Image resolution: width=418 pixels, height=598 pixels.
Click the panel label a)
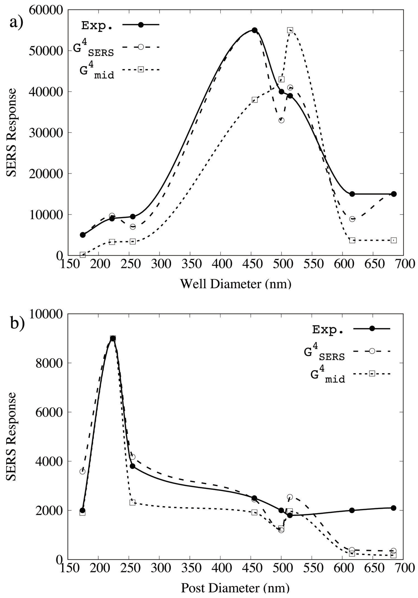pos(16,23)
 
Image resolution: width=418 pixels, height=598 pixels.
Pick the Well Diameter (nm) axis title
pos(235,284)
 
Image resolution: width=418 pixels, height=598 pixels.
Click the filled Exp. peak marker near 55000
pos(255,30)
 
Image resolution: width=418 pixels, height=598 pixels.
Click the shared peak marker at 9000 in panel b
pos(113,338)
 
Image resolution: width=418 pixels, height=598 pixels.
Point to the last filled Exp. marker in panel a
pos(394,194)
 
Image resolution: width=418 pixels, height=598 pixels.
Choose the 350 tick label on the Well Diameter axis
pos(190,264)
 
